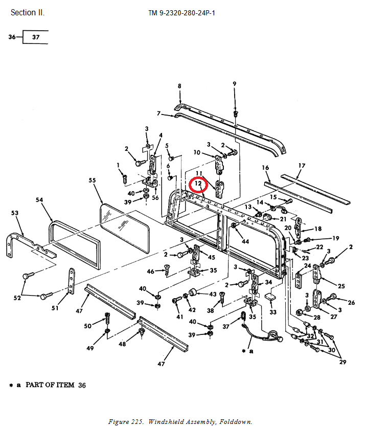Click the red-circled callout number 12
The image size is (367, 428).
[198, 183]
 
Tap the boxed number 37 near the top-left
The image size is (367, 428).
[36, 37]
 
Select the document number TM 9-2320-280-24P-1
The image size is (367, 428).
[182, 13]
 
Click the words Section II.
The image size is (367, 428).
[27, 13]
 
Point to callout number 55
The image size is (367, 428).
[92, 180]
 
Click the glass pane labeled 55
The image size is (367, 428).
[125, 228]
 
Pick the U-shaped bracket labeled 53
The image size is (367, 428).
[31, 245]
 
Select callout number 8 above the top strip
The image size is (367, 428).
[179, 86]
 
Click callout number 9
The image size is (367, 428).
[235, 84]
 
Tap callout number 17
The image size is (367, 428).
[302, 166]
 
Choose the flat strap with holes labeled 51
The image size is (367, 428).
[71, 281]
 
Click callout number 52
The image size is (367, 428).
[17, 298]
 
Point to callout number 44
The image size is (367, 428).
[245, 241]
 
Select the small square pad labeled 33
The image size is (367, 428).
[270, 297]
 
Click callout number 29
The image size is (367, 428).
[342, 362]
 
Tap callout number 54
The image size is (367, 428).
[39, 200]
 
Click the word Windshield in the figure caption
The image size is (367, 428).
[167, 422]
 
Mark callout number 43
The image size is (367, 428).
[213, 294]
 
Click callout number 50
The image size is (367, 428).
[87, 326]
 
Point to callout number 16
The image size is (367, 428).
[265, 168]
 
